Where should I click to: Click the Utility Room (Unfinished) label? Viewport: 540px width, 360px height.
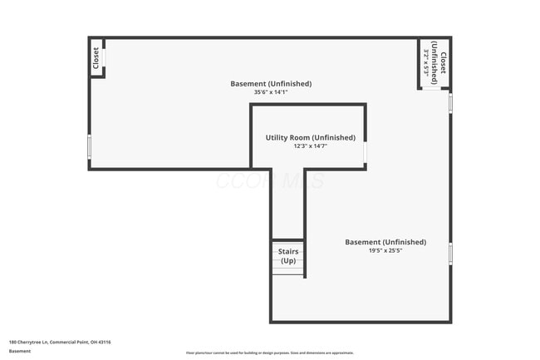[310, 137]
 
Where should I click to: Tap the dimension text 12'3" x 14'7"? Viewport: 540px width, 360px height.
[310, 146]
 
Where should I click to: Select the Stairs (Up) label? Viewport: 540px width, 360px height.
[288, 255]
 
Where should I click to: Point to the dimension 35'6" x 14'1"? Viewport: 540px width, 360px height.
[271, 92]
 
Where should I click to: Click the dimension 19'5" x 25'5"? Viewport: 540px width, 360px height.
[385, 250]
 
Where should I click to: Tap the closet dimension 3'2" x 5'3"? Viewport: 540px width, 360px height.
[428, 63]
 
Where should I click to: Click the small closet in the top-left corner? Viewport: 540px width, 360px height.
[96, 58]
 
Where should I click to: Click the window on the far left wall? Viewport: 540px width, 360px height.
[89, 146]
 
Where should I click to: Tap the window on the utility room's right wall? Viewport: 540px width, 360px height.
[366, 153]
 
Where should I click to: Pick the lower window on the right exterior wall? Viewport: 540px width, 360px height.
[450, 254]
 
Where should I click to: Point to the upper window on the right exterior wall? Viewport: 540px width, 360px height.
[450, 102]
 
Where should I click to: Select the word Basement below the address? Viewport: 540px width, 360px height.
[20, 351]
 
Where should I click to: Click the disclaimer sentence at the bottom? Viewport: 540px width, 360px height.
[270, 353]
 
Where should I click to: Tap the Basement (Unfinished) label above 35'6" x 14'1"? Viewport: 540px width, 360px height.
[271, 83]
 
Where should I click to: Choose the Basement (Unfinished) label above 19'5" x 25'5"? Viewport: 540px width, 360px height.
[385, 242]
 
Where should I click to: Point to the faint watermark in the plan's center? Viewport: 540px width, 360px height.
[270, 180]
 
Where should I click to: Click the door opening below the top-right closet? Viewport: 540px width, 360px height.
[433, 88]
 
